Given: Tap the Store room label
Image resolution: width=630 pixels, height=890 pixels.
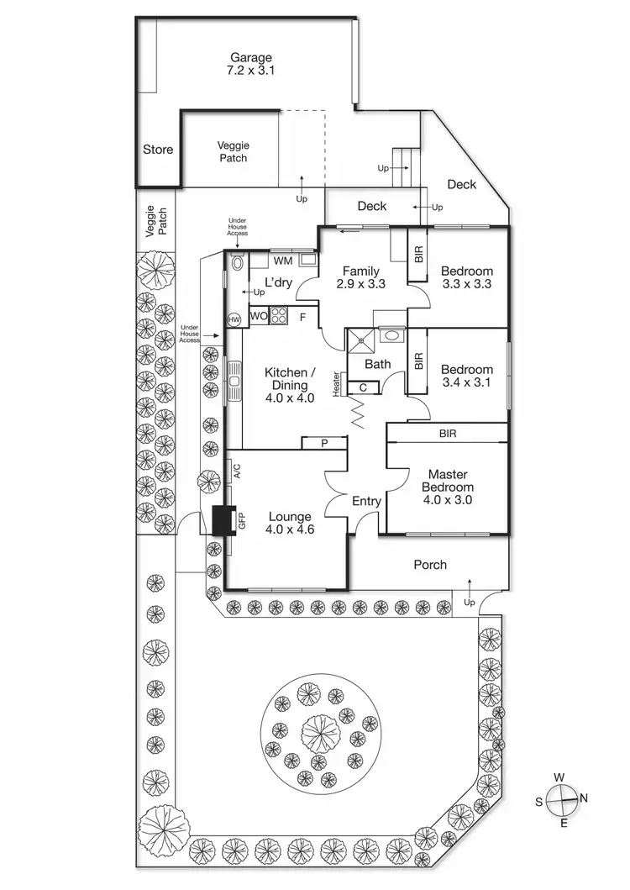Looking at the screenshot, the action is [x=157, y=150].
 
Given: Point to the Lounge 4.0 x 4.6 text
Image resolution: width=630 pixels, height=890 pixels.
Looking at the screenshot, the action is [x=289, y=523].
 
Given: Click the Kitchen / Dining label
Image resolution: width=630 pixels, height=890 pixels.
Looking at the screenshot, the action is [x=290, y=385].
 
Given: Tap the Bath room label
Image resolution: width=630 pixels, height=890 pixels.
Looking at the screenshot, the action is [x=377, y=364].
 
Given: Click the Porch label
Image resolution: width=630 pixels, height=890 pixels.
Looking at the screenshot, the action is [x=430, y=565].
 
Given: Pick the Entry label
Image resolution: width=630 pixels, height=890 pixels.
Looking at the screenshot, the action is [x=366, y=502].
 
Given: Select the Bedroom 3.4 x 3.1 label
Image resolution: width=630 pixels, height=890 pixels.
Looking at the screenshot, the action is [x=466, y=376].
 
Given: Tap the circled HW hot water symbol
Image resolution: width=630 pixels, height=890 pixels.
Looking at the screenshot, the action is [x=234, y=319].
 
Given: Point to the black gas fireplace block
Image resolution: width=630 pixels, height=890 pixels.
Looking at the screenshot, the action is [x=223, y=521].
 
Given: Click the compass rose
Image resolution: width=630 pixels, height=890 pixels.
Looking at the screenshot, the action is [x=561, y=798].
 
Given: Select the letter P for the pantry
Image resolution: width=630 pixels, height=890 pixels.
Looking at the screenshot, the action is [x=324, y=443].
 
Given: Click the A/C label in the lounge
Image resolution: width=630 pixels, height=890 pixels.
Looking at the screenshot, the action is [x=236, y=471].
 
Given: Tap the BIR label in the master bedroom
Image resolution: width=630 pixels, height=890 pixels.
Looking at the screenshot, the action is [x=447, y=434].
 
